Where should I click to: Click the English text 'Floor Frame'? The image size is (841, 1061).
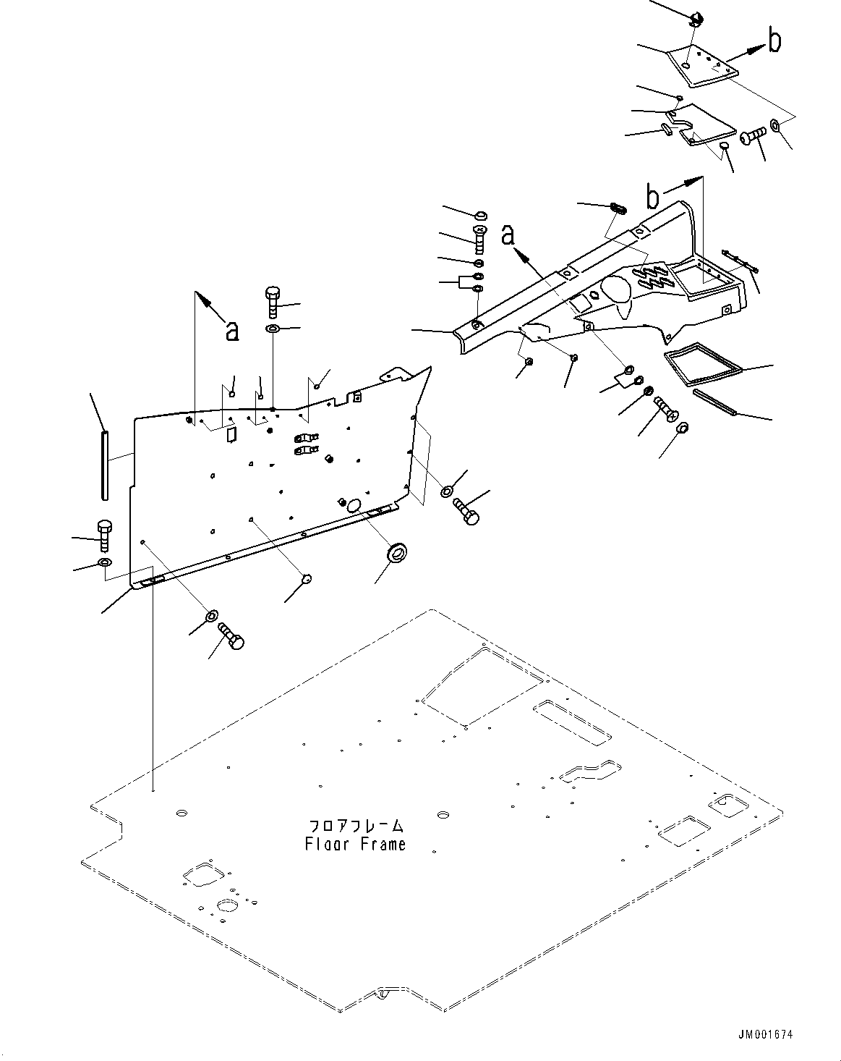[x=356, y=844]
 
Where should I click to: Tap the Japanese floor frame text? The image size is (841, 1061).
[x=356, y=826]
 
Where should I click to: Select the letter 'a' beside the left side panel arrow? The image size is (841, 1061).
[x=231, y=330]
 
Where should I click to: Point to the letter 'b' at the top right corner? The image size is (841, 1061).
[x=774, y=41]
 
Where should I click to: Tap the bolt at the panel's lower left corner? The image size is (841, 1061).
[x=103, y=534]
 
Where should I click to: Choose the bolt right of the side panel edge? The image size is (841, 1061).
[x=466, y=511]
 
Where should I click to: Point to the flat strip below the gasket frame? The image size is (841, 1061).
[x=714, y=402]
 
